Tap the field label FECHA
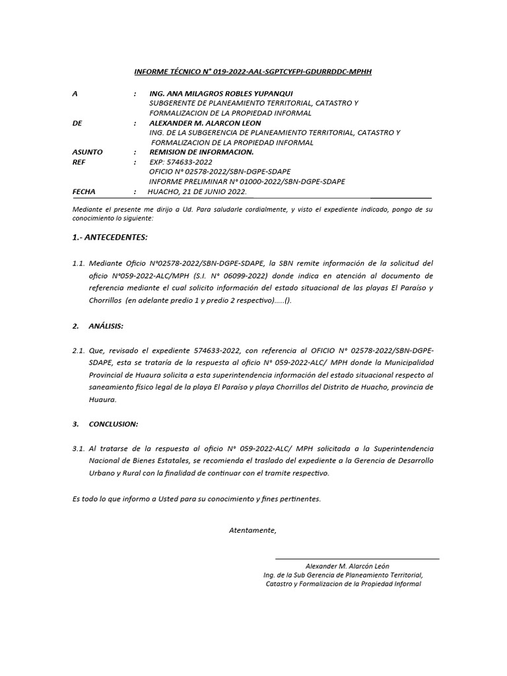(x=84, y=191)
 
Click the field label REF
(x=79, y=162)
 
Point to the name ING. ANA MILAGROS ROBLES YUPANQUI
(x=221, y=93)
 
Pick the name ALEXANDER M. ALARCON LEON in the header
(x=205, y=123)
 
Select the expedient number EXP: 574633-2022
(x=181, y=162)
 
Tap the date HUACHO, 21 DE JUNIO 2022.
(x=197, y=191)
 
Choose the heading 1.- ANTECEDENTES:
(x=110, y=236)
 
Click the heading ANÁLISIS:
(x=106, y=326)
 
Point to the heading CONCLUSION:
(x=114, y=423)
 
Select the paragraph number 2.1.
(x=79, y=350)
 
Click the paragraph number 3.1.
(x=79, y=449)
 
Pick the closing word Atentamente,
(x=253, y=530)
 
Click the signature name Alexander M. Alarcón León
(x=347, y=566)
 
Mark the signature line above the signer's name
(x=356, y=559)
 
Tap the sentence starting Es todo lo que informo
(x=196, y=498)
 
